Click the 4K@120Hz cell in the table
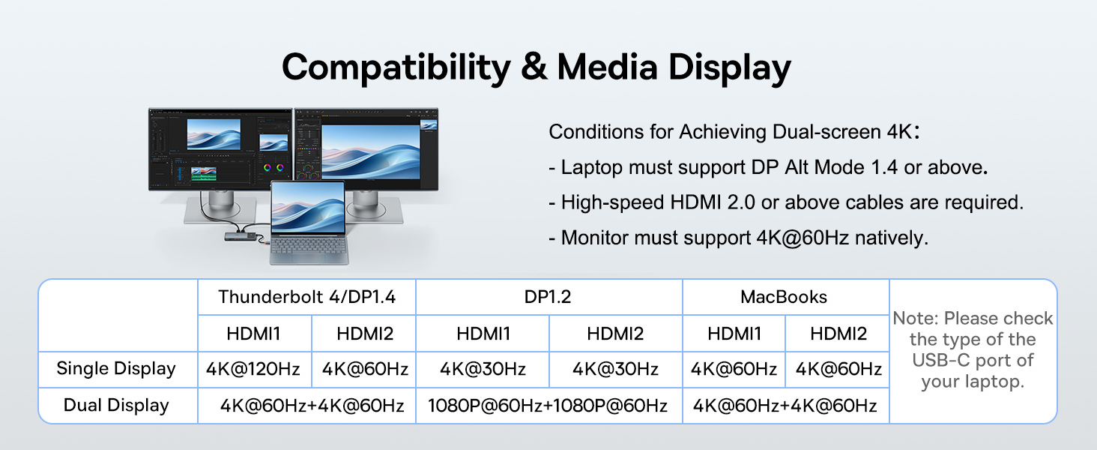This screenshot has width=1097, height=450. coord(253,369)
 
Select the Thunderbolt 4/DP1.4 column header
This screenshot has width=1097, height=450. coord(306,297)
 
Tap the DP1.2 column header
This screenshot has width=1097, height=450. coord(548,297)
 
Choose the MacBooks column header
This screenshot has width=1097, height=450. coord(784,297)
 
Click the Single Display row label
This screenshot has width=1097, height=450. coord(116,369)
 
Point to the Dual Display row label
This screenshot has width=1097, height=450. coord(116,406)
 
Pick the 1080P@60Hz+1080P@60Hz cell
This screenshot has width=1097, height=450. coord(548,406)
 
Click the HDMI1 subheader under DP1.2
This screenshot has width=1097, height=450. coord(483,333)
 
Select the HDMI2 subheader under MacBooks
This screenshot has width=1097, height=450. coord(838,333)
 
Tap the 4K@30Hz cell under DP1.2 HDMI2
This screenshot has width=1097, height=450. coord(615,369)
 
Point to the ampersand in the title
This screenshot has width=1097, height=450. coord(534,67)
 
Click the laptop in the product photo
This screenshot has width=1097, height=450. coord(307,225)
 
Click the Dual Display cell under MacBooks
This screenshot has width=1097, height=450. coord(785,406)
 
